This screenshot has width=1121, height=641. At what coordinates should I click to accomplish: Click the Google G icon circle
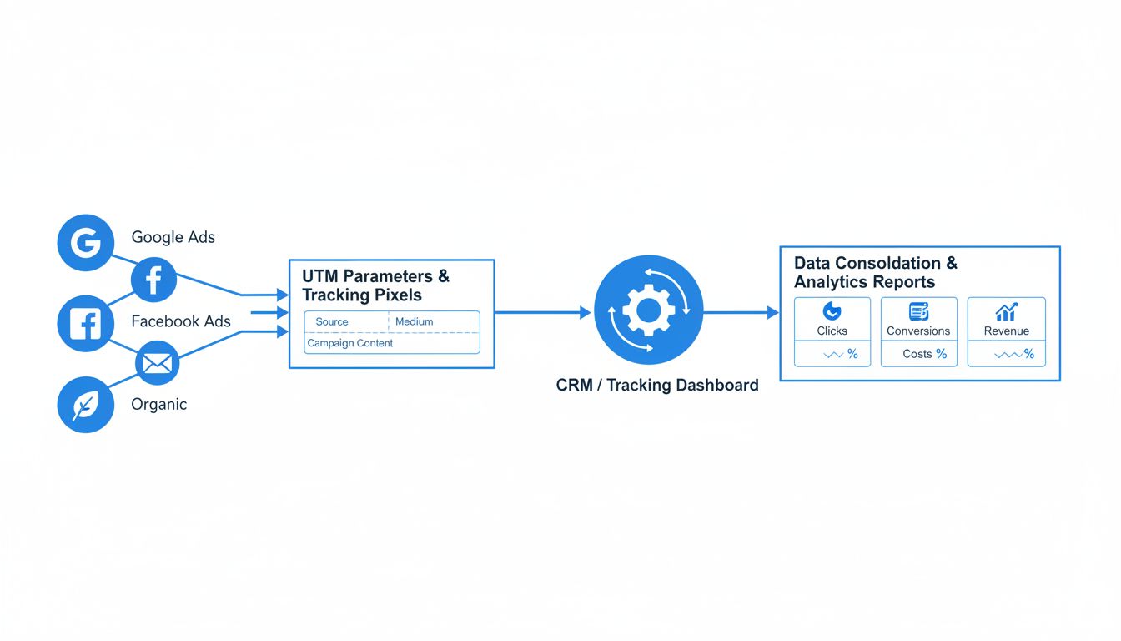(x=85, y=243)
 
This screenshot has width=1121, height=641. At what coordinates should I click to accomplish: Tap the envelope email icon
(x=157, y=363)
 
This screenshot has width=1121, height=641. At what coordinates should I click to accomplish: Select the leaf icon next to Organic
(x=85, y=405)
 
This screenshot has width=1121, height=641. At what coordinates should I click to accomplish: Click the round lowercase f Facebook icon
(x=153, y=280)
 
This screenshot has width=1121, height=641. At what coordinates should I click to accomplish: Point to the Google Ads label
(x=173, y=237)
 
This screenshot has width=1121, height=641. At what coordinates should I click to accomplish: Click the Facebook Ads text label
(x=180, y=321)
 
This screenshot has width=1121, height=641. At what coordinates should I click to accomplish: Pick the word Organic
(x=158, y=405)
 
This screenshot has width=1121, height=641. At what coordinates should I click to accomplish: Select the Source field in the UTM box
(x=332, y=322)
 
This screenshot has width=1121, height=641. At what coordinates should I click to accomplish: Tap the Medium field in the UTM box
(x=415, y=322)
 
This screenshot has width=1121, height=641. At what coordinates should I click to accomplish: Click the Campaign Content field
(x=350, y=343)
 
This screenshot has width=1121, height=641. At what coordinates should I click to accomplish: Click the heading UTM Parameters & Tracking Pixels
(x=375, y=285)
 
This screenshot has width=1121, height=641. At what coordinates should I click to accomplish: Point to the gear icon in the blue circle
(x=648, y=310)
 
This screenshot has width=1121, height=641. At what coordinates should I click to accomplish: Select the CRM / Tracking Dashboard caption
(x=657, y=385)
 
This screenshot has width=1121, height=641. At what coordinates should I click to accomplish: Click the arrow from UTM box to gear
(x=542, y=313)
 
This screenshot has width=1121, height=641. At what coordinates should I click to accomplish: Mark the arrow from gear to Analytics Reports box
(x=741, y=313)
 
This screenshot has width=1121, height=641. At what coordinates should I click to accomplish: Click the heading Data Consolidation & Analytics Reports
(x=875, y=272)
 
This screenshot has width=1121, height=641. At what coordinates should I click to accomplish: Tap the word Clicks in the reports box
(x=832, y=331)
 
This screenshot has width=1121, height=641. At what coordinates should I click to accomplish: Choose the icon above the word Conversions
(x=918, y=311)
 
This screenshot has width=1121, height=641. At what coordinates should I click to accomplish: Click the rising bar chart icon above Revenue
(x=1006, y=311)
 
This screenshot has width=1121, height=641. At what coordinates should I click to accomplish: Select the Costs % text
(x=924, y=354)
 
